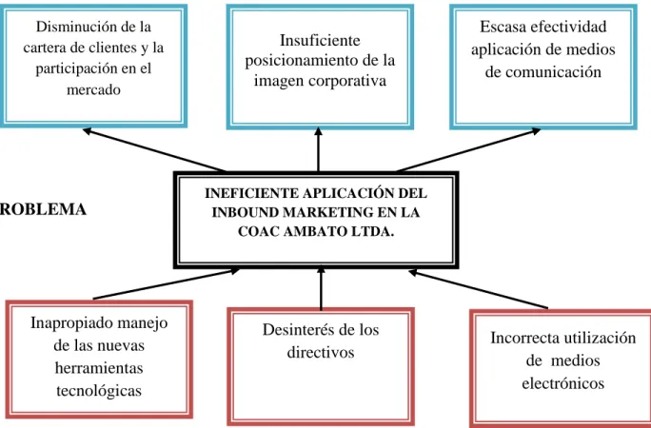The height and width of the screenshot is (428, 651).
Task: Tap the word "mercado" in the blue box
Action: (93, 89)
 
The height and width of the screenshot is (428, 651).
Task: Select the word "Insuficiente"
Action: (320, 41)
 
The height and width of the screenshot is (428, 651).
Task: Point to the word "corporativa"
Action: (347, 81)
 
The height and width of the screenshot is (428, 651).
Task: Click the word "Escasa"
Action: (503, 27)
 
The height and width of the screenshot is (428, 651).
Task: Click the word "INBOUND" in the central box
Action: (245, 212)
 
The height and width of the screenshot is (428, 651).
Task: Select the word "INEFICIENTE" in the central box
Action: (251, 193)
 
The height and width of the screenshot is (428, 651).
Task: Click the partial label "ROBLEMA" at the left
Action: (43, 209)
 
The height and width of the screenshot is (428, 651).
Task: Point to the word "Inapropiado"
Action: (68, 323)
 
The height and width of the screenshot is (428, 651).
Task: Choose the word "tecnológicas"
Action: (99, 390)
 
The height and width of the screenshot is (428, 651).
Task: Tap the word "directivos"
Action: (321, 352)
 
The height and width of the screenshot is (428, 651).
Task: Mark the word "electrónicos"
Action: (563, 382)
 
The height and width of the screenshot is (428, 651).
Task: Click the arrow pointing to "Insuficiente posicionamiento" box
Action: (319, 149)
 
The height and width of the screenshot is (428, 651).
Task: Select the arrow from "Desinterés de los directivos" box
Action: (321, 288)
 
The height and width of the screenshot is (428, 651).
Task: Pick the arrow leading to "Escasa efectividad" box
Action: (468, 150)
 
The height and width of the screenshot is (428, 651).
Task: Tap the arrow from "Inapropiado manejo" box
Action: (166, 283)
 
